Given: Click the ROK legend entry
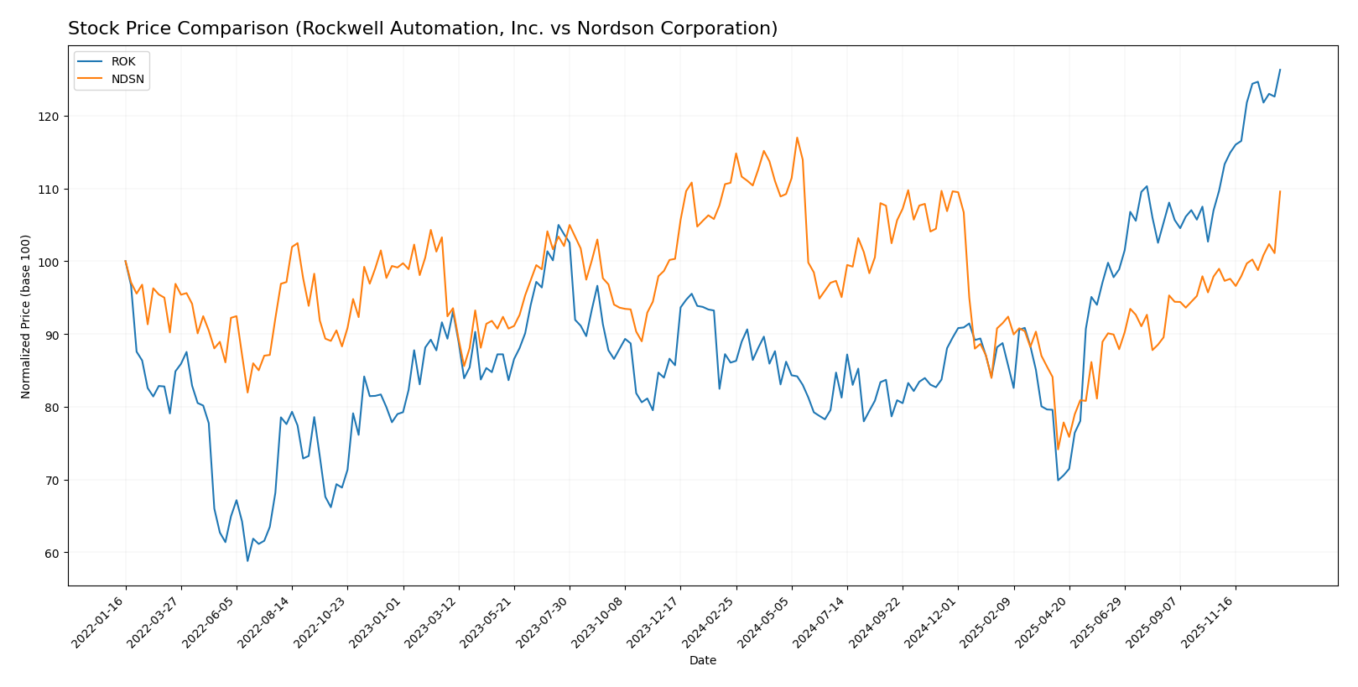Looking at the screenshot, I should (122, 62).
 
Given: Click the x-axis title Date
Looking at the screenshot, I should (702, 661).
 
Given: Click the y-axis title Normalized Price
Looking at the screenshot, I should (26, 316).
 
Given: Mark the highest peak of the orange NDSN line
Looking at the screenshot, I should (797, 138).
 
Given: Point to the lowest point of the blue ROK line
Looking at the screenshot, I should (247, 560).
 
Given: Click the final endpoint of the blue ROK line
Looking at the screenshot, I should (1280, 70).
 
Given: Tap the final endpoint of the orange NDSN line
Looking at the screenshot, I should (1280, 191).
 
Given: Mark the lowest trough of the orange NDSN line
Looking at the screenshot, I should (1058, 450).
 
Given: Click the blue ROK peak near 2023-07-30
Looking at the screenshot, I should (559, 225).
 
